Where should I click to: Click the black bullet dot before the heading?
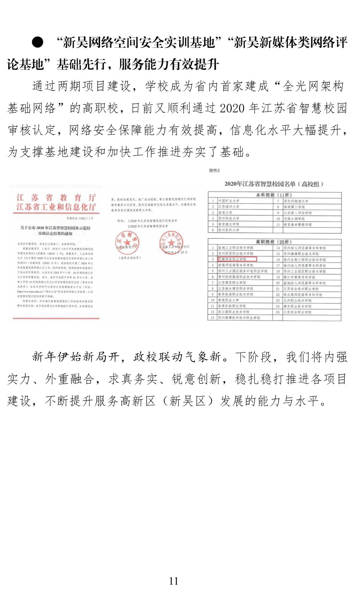pos(37,43)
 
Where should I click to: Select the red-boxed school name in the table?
pos(237,259)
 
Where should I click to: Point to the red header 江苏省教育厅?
pos(56,198)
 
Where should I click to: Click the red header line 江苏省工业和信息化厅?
pos(56,207)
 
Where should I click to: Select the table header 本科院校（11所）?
pos(274,195)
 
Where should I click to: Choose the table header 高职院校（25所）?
pos(274,242)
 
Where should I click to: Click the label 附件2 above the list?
pos(214,171)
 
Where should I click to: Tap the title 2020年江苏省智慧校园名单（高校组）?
pos(274,184)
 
